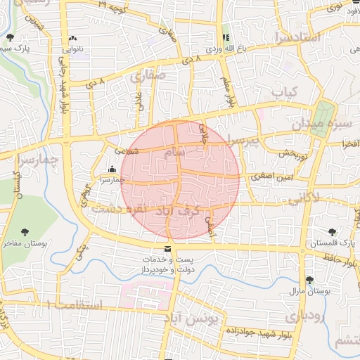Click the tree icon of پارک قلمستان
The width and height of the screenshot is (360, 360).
[332, 232]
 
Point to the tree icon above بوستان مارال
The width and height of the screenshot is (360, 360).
[309, 280]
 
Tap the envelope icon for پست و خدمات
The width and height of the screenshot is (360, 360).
[167, 250]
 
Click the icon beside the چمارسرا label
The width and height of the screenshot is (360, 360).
[113, 168]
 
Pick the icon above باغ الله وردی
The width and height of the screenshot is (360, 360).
[226, 38]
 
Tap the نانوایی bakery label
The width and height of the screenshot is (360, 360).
[73, 50]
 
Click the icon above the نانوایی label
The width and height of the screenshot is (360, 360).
[72, 39]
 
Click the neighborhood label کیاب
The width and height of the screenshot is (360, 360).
[285, 92]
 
